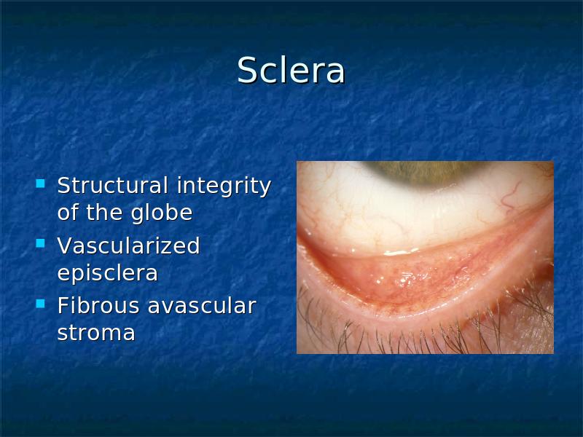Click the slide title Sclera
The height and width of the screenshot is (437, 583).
291,70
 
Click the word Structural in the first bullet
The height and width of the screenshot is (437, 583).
113,185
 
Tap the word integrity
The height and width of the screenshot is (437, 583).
224,186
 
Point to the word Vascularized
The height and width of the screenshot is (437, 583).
129,245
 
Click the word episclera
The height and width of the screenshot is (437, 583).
108,274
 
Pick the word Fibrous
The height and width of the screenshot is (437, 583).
98,305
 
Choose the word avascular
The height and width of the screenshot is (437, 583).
202,305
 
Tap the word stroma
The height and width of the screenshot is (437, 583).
96,333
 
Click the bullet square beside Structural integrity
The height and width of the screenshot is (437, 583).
40,184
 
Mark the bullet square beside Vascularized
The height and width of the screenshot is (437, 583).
40,243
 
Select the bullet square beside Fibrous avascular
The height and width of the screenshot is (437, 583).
40,304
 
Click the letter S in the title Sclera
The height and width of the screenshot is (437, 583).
248,70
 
